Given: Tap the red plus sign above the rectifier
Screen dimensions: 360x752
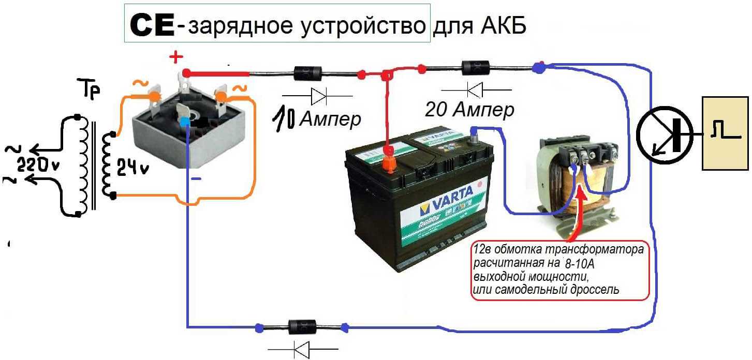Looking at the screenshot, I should coord(177,56).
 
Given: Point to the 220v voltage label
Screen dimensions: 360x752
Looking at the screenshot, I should coord(38,166).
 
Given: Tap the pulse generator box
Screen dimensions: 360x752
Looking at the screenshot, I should coord(724,133).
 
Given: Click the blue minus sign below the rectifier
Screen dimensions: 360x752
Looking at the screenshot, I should coord(196,178).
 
